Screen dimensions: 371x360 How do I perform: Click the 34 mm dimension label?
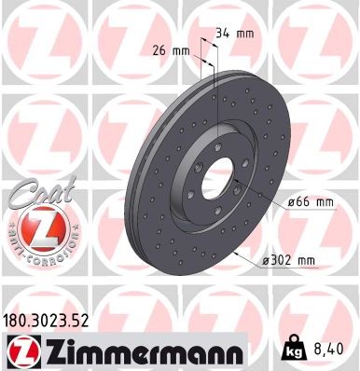coord(235,34)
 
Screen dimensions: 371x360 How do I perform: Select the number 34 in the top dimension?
coord(223,34)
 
